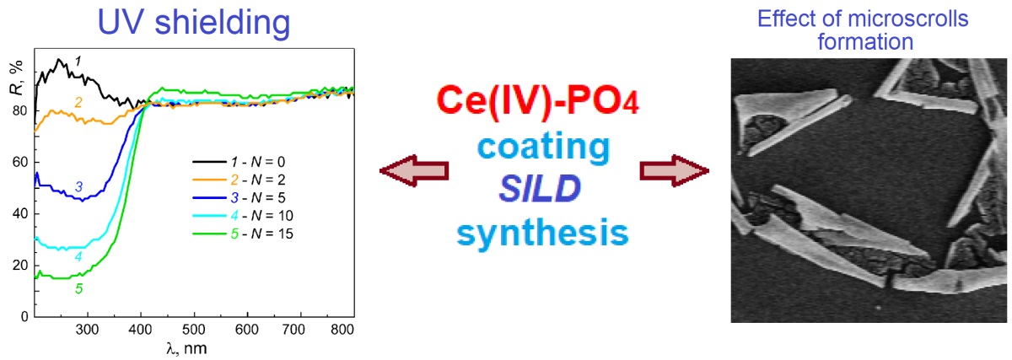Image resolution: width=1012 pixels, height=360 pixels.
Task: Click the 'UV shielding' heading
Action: (194, 22)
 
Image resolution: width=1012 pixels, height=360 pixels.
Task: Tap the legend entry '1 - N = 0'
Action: (255, 160)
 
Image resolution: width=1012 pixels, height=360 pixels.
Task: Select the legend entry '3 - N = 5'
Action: (255, 196)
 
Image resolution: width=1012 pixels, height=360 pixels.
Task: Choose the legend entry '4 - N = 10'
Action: (257, 214)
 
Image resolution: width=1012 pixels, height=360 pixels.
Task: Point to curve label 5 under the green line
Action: (78, 289)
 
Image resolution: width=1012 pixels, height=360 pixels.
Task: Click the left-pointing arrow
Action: (414, 171)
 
